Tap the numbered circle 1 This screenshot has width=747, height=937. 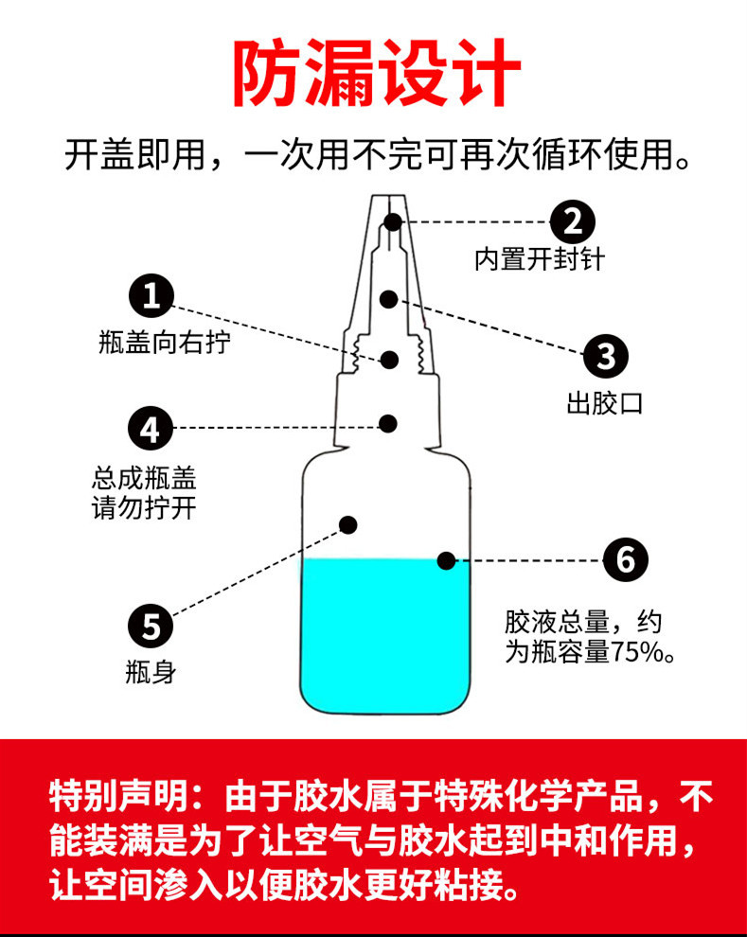tap(151, 295)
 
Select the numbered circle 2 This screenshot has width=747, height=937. tap(573, 221)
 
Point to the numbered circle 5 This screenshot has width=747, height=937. tap(151, 626)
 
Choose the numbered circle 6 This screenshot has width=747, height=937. tap(626, 560)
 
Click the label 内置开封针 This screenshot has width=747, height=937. tap(539, 259)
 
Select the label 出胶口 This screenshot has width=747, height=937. tap(605, 404)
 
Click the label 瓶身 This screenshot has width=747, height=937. tap(151, 673)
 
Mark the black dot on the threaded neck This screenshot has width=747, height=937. tap(389, 360)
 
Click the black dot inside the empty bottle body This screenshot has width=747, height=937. tap(348, 523)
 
